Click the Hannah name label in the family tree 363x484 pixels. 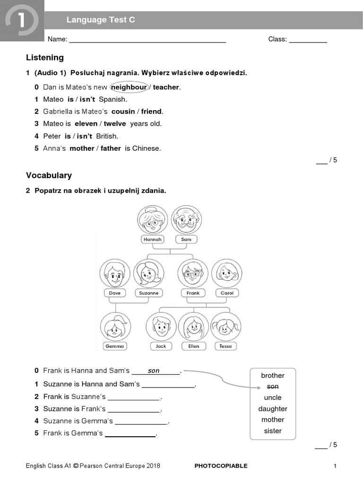152,239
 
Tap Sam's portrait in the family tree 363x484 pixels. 186,219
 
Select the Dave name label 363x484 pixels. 115,293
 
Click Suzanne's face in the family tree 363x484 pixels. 149,273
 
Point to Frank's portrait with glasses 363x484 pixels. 193,273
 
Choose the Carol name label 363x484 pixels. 227,293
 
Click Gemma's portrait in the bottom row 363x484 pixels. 115,327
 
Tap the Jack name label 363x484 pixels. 161,346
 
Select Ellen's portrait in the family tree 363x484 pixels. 193,327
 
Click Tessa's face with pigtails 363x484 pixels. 225,327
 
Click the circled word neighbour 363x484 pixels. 129,87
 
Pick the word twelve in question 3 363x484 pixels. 115,124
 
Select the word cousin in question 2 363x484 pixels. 123,112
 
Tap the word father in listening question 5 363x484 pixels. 111,148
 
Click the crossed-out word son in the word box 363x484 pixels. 273,387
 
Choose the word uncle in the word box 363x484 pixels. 273,398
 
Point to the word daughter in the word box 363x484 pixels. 273,409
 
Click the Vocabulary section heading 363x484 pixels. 49,175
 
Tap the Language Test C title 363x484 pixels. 101,20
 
